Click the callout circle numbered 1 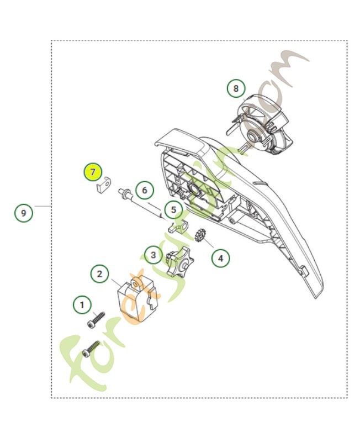[82, 304]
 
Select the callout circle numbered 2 [99, 273]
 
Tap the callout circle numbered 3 [152, 255]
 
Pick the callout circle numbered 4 [220, 257]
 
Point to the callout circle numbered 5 [173, 210]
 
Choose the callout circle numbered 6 [144, 191]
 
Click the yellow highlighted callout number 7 [93, 172]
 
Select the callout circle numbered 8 [236, 88]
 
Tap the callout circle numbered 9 [23, 212]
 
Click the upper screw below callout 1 [96, 320]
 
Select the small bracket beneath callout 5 [177, 226]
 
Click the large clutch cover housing [237, 204]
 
